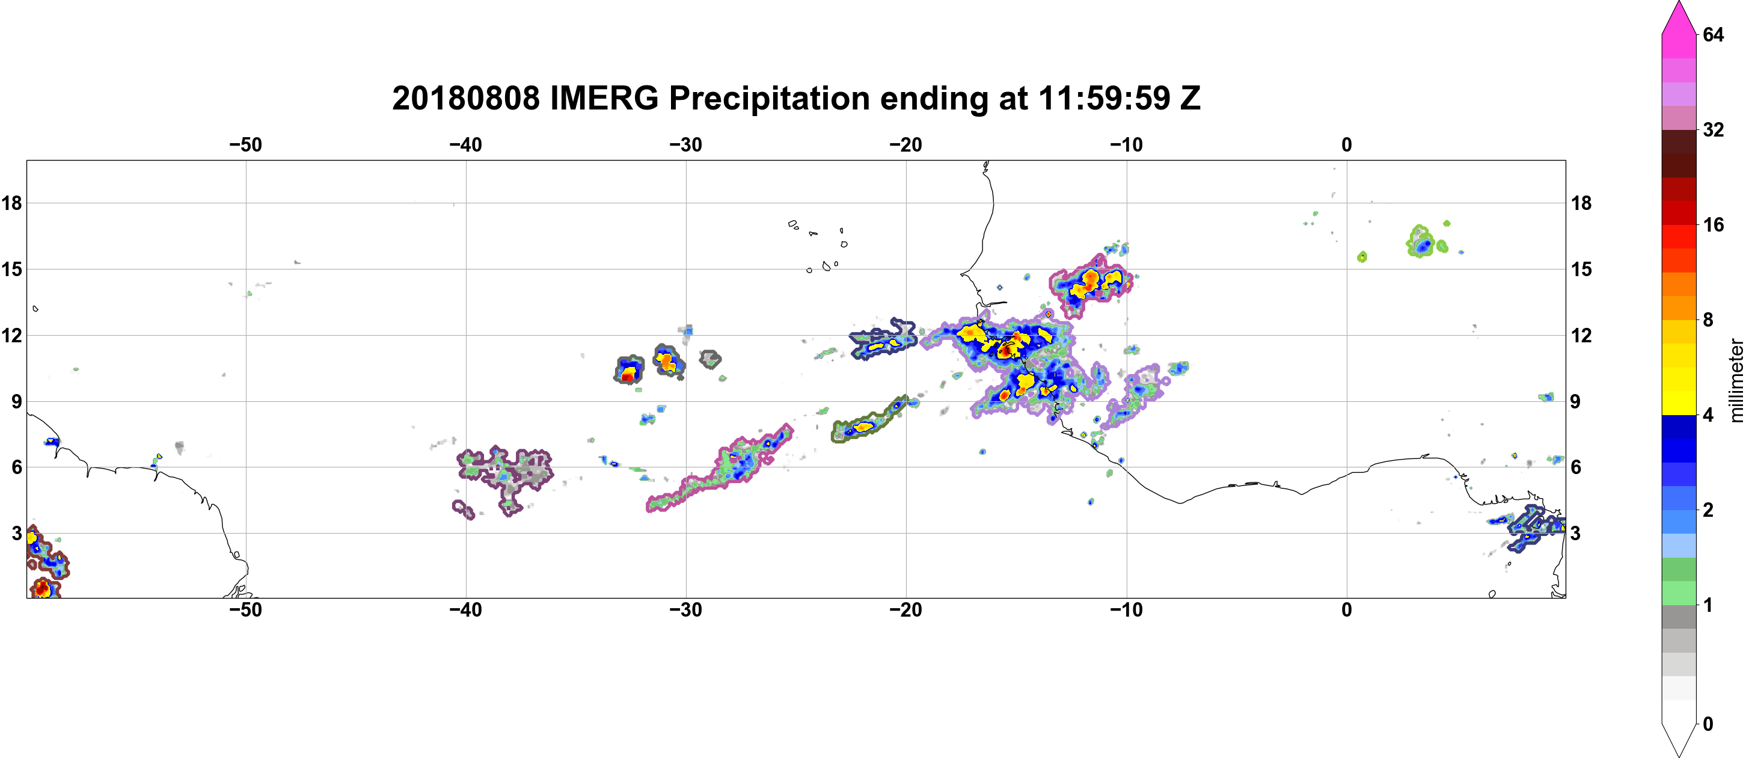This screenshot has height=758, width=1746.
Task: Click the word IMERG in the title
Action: pos(604,99)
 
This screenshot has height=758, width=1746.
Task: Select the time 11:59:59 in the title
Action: pos(1104,99)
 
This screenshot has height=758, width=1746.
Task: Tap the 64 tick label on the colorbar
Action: pos(1714,34)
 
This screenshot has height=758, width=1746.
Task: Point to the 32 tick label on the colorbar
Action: pos(1714,129)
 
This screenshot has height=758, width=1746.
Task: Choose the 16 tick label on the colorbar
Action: pos(1714,224)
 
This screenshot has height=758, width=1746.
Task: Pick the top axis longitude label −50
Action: pos(245,145)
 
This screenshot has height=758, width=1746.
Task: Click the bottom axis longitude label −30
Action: pos(686,610)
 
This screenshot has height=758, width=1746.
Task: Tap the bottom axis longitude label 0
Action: pos(1347,610)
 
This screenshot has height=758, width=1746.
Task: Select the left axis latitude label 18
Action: pos(11,203)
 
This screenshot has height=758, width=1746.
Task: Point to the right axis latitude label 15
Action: pos(1581,269)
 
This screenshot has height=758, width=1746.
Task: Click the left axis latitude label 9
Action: pos(16,401)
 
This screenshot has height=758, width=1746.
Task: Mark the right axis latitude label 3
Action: pos(1576,534)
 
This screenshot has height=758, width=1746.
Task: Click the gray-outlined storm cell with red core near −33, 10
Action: pos(629,369)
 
